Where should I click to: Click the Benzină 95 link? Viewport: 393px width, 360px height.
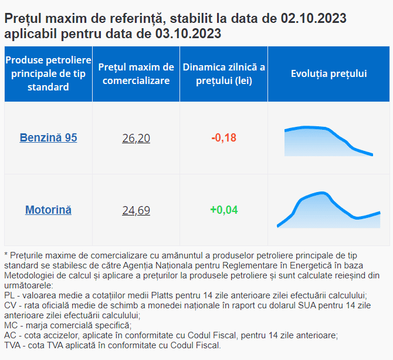click(48, 138)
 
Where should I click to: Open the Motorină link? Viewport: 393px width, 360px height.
click(48, 210)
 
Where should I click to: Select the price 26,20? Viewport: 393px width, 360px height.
click(136, 139)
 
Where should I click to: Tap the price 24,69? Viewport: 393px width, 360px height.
click(136, 210)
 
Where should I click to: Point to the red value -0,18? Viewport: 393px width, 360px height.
click(223, 138)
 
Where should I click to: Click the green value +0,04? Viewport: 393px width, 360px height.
click(223, 210)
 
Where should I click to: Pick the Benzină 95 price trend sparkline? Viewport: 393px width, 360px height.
click(328, 140)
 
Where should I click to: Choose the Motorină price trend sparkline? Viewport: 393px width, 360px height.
click(328, 209)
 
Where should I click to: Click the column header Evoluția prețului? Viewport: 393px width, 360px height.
click(328, 73)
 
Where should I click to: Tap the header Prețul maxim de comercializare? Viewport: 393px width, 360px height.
click(136, 73)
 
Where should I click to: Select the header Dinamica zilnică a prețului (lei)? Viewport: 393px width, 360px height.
click(223, 73)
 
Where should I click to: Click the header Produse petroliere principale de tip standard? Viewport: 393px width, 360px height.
click(48, 73)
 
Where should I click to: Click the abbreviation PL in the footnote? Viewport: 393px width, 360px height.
click(9, 294)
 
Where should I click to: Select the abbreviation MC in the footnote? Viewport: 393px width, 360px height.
click(11, 325)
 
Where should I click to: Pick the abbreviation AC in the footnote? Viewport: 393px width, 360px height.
click(10, 335)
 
